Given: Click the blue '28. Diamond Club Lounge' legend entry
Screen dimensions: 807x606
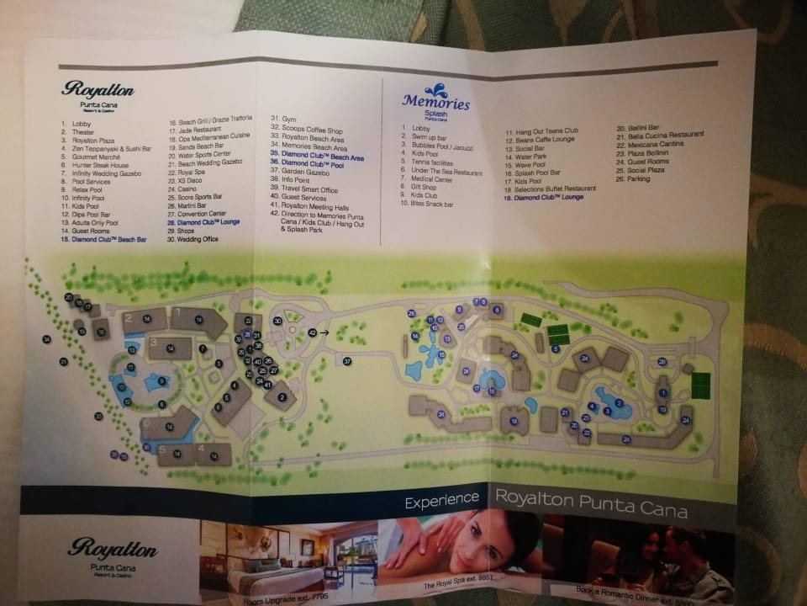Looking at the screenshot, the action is click(203, 221).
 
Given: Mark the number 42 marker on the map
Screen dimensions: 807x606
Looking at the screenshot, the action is click(312, 333).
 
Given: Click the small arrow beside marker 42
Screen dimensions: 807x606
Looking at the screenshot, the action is click(324, 333).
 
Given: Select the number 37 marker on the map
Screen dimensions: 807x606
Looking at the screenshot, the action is click(346, 360).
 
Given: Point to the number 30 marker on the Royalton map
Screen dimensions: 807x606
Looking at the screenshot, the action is click(277, 321).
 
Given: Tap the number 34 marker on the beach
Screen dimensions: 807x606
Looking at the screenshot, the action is click(47, 339).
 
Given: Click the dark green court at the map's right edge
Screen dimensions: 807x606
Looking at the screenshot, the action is click(700, 385).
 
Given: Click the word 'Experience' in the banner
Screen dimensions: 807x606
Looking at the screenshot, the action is click(441, 502).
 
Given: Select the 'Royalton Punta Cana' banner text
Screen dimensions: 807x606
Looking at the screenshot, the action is click(591, 497).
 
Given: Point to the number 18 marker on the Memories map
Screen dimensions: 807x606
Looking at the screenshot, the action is click(514, 421).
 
